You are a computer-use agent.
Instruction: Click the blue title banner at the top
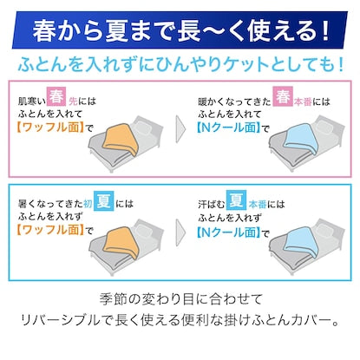(x=180, y=30)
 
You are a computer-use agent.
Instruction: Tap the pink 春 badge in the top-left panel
(x=56, y=96)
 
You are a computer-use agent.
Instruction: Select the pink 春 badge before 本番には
(x=283, y=96)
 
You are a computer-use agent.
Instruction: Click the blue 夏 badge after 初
(x=103, y=200)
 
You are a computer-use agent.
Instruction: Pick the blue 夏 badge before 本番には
(x=236, y=200)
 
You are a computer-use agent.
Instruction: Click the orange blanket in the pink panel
(x=121, y=140)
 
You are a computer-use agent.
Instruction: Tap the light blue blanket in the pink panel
(x=301, y=140)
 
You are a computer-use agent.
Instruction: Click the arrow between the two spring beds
(x=180, y=129)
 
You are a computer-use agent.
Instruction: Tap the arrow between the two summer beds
(x=180, y=232)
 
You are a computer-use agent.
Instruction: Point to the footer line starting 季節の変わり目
(x=181, y=299)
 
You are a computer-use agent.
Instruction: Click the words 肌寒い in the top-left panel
(x=32, y=101)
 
